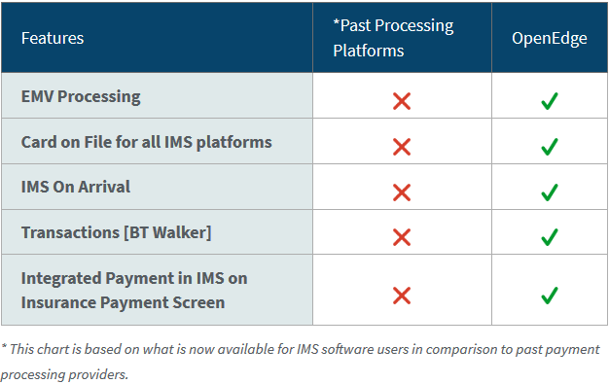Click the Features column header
pyautogui.click(x=53, y=38)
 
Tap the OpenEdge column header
pyautogui.click(x=549, y=38)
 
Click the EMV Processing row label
pyautogui.click(x=81, y=96)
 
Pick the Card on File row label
pyautogui.click(x=146, y=142)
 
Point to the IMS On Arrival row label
pyautogui.click(x=75, y=187)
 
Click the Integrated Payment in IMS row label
pyautogui.click(x=134, y=290)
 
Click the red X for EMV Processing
pyautogui.click(x=401, y=100)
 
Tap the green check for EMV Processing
pyautogui.click(x=549, y=100)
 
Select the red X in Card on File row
pyautogui.click(x=401, y=146)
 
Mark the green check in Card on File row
pyautogui.click(x=549, y=146)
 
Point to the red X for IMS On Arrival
pyautogui.click(x=401, y=192)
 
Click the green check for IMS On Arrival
pyautogui.click(x=549, y=192)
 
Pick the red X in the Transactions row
pyautogui.click(x=401, y=237)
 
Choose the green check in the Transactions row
pyautogui.click(x=549, y=237)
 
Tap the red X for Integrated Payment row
pyautogui.click(x=401, y=294)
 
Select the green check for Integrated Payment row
pyautogui.click(x=549, y=294)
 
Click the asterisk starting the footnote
pyautogui.click(x=4, y=347)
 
